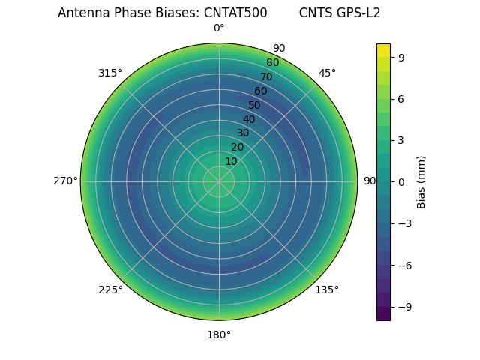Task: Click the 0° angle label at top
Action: [219, 28]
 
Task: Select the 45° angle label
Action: [327, 73]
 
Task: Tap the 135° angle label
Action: [327, 289]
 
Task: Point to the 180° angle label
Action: [219, 334]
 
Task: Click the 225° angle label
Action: [110, 289]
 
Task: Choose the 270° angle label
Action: [65, 181]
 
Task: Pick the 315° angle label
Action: [110, 73]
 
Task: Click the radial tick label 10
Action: [231, 161]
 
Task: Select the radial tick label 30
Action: [243, 133]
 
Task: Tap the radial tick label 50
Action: [255, 106]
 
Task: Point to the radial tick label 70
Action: [266, 77]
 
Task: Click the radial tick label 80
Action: [272, 63]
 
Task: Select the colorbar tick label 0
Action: [401, 182]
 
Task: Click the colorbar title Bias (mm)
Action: [421, 182]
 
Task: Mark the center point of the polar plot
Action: [219, 181]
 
